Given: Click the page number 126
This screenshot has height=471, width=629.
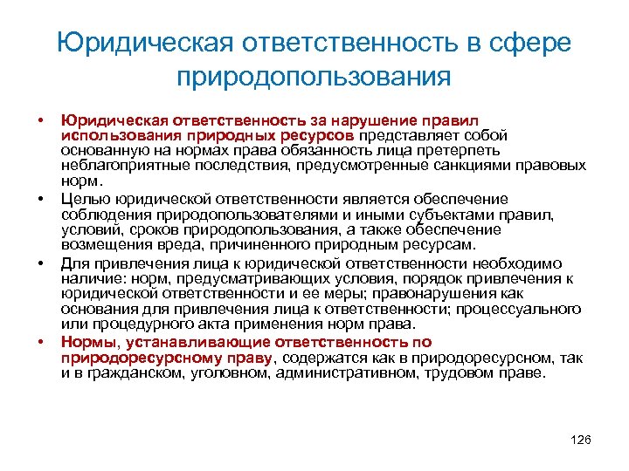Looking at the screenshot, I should click(580, 439).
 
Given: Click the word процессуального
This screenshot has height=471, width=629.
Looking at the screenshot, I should click(525, 308).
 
